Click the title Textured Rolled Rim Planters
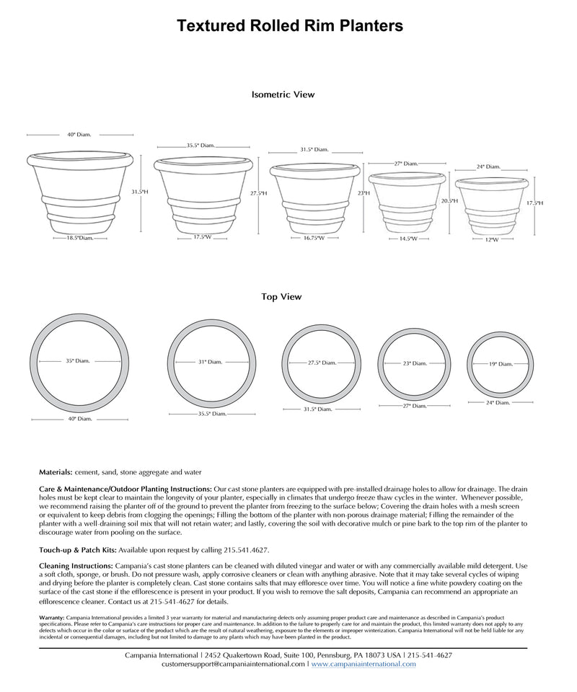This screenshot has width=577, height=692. coord(290,27)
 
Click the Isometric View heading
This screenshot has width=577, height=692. coord(283,94)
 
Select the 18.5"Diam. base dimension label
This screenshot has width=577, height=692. coord(81,238)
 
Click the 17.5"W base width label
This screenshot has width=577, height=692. coord(202,237)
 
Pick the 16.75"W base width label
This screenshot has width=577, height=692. coord(313,238)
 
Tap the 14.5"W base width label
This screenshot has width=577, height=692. coord(408,238)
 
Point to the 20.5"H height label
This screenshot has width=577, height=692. coord(449,201)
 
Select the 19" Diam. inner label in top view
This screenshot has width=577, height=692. coord(501,364)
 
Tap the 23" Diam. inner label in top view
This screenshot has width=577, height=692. coord(415,363)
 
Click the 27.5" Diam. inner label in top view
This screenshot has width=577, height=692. coord(322,363)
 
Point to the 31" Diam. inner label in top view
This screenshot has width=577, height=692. coord(210,362)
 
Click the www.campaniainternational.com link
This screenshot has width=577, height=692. coord(364,664)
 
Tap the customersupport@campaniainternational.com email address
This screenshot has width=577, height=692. coord(234,664)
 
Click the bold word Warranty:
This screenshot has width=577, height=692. coord(52,618)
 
